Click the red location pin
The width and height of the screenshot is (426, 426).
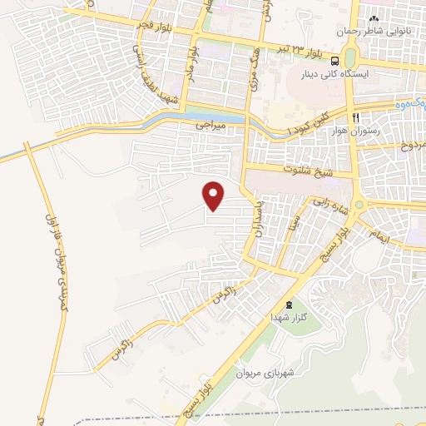point(215,196)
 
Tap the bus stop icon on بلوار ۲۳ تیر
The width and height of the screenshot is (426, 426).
point(334,61)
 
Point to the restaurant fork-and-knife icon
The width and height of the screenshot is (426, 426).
point(355,118)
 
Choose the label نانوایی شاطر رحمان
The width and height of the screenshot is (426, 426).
point(374,30)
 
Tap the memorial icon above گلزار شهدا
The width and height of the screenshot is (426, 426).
point(289,305)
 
